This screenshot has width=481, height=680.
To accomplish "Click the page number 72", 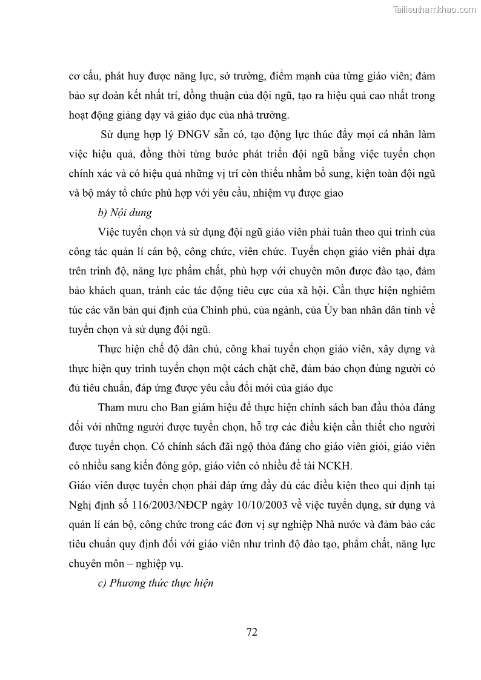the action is point(252,632).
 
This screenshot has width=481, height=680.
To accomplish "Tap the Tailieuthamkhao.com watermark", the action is point(435,9).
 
